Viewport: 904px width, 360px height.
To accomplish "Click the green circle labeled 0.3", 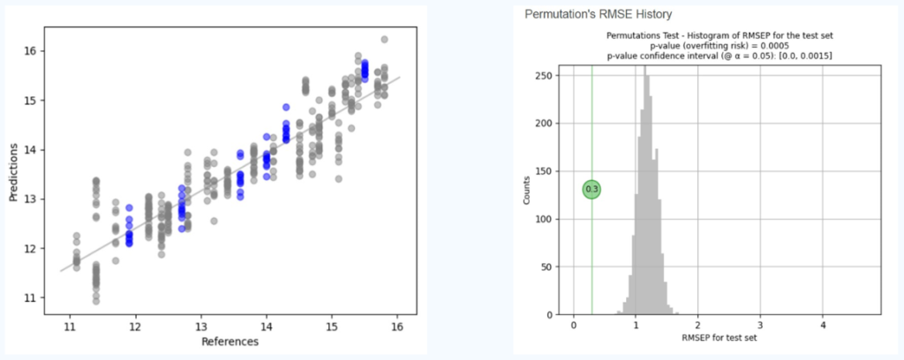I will pos(591,189).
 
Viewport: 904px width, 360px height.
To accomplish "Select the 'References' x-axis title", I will pos(229,341).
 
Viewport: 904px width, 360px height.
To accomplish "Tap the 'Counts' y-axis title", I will pos(527,190).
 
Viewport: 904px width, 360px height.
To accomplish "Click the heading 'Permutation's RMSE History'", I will pos(598,14).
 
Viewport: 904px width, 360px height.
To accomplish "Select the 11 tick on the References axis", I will pos(70,325).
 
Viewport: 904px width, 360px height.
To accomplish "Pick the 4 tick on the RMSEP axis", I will pos(823,325).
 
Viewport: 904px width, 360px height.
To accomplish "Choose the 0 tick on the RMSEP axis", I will pos(574,325).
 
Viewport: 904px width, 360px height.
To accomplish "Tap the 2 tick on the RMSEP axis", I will pos(698,325).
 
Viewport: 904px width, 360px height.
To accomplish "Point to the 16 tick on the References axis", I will pos(396,325).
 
